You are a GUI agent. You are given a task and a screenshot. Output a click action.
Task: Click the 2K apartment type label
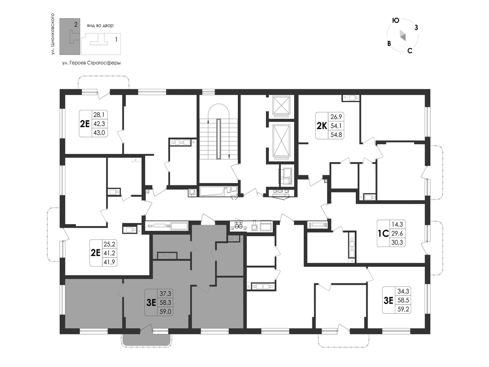click(321, 126)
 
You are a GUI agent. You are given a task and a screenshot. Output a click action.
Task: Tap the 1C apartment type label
click(383, 233)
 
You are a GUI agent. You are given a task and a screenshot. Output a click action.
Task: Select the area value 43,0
click(99, 133)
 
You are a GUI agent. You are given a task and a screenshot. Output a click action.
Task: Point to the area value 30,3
click(397, 242)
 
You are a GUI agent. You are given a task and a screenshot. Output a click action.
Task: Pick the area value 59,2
click(403, 310)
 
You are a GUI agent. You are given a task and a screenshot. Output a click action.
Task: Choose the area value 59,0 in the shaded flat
click(166, 311)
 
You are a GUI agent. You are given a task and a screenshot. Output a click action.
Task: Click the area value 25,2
click(109, 244)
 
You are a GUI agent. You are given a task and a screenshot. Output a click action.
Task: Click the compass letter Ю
click(395, 21)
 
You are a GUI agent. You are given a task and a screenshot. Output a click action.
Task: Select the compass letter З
click(416, 27)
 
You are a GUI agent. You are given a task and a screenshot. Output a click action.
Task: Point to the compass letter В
click(389, 43)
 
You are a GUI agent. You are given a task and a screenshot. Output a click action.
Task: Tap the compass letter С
click(410, 51)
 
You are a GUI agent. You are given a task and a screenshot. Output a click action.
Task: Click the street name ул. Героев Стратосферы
click(91, 63)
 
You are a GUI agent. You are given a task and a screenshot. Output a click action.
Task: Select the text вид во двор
click(100, 26)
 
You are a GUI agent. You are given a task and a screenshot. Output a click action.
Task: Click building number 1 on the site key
click(116, 40)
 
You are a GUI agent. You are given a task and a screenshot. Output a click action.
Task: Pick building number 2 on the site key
click(75, 24)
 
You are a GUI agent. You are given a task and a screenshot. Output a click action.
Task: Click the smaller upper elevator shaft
click(281, 105)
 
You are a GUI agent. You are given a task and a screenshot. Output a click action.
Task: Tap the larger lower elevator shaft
click(281, 140)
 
